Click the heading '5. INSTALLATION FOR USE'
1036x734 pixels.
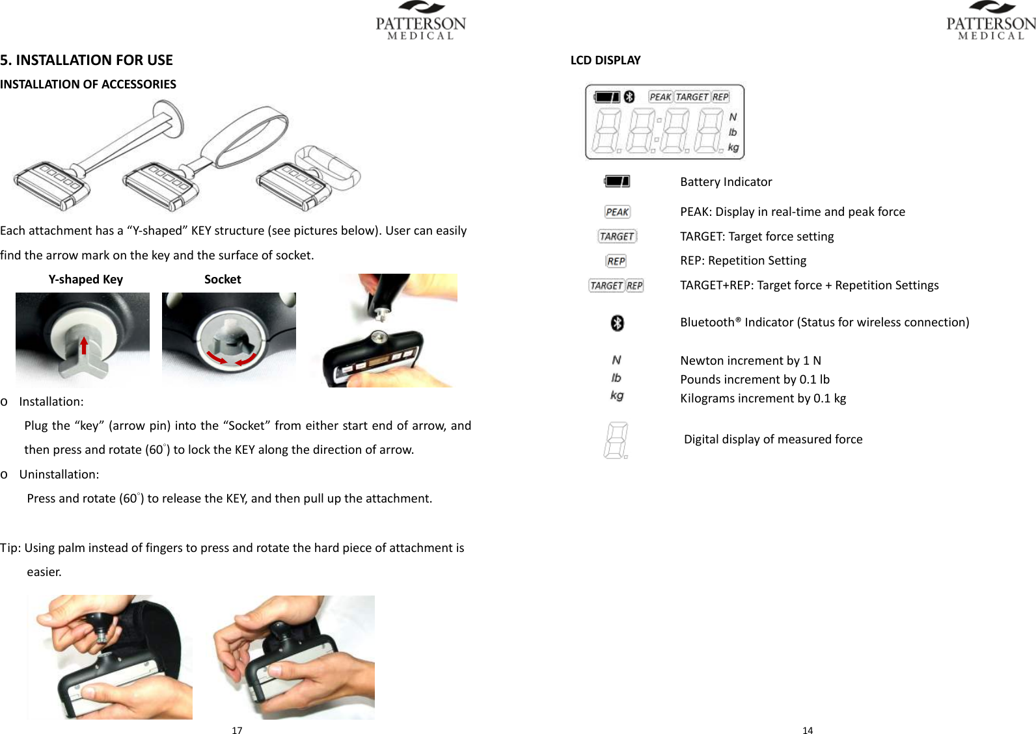[x=87, y=60]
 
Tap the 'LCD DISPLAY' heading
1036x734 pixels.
[x=605, y=60]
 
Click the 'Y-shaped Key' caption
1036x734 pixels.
[x=85, y=280]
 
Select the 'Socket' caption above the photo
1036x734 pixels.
[x=223, y=280]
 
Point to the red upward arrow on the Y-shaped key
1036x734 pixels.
[x=84, y=345]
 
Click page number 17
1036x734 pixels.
[x=237, y=730]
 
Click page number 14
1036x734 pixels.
[x=807, y=730]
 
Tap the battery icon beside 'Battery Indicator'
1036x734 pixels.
[x=617, y=181]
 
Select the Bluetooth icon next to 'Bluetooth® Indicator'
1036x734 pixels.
[x=617, y=322]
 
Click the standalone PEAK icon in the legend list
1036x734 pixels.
[x=617, y=212]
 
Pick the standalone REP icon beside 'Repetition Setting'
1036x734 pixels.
[x=616, y=261]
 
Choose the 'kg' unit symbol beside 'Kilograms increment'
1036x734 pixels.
[x=616, y=395]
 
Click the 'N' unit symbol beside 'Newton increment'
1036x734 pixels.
[x=616, y=360]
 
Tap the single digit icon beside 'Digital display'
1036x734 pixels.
[x=616, y=440]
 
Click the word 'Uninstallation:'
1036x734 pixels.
[x=59, y=475]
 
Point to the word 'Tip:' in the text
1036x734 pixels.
[x=11, y=548]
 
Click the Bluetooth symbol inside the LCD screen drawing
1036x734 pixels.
[x=629, y=97]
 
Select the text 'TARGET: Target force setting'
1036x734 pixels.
[x=757, y=237]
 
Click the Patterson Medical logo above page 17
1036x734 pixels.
[x=421, y=21]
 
